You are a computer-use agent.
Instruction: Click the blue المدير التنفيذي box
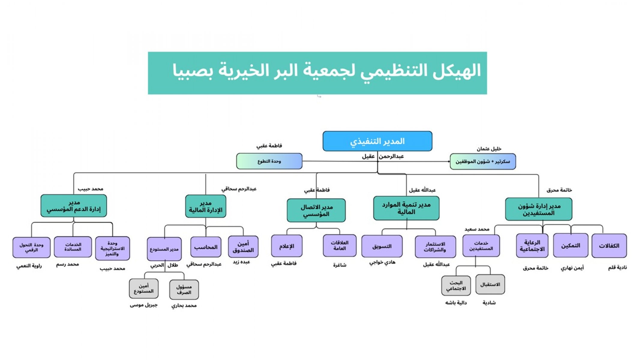377,141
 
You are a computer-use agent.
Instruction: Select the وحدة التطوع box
269,161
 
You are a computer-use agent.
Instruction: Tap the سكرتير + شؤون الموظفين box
482,161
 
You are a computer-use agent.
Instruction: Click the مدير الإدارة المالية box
206,206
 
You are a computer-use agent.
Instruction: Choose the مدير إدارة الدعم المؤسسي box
74,206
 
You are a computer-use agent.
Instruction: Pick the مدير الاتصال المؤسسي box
316,210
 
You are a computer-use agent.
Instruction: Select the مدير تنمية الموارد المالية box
406,208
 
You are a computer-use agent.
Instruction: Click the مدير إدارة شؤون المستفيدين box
538,209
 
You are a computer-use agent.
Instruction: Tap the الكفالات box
609,246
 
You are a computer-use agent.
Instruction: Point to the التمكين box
570,246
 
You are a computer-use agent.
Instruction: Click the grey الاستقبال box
490,284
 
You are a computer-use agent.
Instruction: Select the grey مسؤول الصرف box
184,289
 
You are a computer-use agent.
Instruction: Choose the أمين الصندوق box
243,247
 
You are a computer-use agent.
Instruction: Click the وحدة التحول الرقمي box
31,247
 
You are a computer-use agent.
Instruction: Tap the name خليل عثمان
489,149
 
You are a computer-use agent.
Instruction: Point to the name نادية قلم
617,268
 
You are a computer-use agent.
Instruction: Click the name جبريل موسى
143,305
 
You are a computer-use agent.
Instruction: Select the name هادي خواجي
382,262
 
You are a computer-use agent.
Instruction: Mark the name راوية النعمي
29,266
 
